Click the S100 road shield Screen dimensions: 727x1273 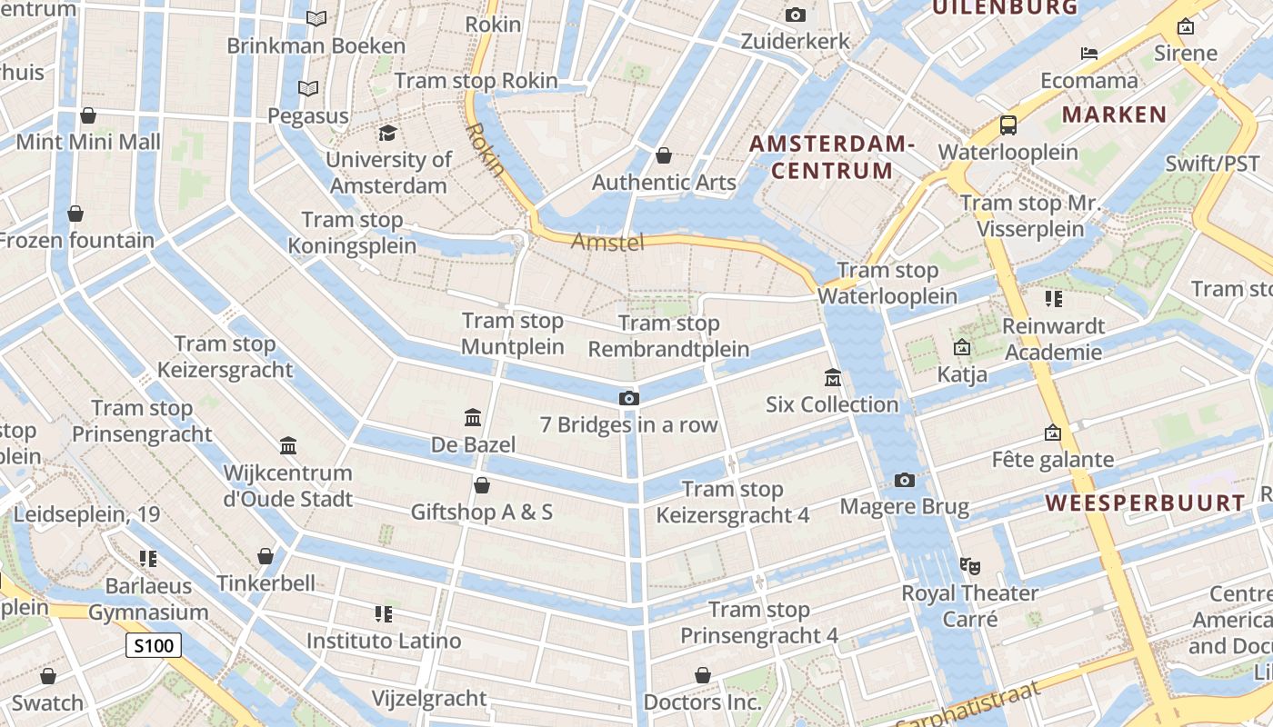[x=153, y=646]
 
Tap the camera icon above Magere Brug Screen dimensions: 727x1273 [x=904, y=480]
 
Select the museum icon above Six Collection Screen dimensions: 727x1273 [x=832, y=377]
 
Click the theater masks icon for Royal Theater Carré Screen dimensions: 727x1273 [x=970, y=566]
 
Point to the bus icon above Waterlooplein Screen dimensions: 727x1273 [x=1007, y=124]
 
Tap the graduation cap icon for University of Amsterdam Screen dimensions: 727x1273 [x=388, y=134]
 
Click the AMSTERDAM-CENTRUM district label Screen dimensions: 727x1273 [x=831, y=157]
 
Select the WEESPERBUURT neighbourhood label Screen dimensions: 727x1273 [x=1145, y=503]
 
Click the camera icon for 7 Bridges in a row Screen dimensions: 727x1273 [x=628, y=398]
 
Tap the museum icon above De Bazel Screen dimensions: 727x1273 [x=473, y=418]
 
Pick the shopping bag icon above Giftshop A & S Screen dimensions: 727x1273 [x=482, y=485]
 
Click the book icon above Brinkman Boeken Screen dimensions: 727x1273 [x=316, y=18]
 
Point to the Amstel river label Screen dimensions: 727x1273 [x=607, y=242]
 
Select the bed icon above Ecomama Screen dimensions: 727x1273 [x=1089, y=54]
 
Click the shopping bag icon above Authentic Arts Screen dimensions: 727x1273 [x=664, y=155]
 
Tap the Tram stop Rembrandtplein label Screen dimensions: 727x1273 [x=669, y=336]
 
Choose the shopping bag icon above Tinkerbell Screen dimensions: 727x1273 [x=266, y=556]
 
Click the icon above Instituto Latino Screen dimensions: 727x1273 [x=384, y=614]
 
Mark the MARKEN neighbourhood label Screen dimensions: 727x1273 [x=1114, y=115]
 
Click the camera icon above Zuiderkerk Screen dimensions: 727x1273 [x=795, y=15]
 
